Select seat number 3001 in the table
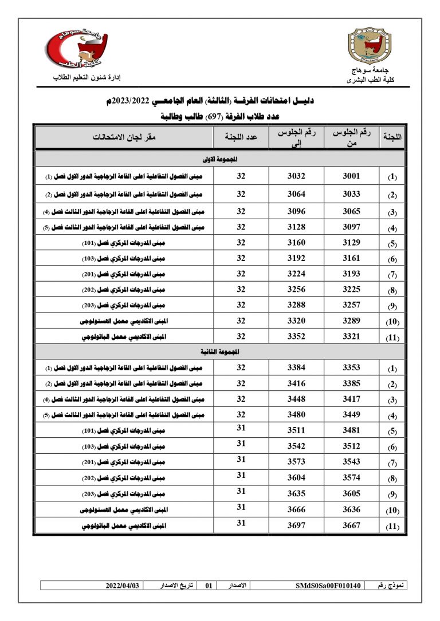click(x=351, y=176)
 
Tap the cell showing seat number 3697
click(x=296, y=525)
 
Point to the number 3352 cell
click(x=296, y=337)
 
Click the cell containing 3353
click(x=351, y=368)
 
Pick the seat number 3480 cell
click(x=296, y=415)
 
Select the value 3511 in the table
click(x=296, y=431)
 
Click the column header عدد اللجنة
click(x=241, y=137)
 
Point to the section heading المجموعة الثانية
click(x=220, y=350)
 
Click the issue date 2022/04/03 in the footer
click(x=122, y=586)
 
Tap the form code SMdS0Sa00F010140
click(x=328, y=586)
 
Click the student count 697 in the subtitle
click(x=214, y=116)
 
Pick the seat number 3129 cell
click(x=351, y=243)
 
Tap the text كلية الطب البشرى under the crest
click(x=367, y=81)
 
